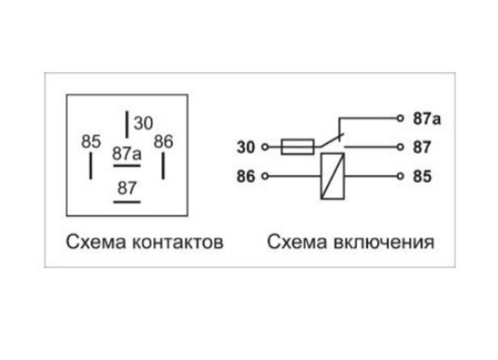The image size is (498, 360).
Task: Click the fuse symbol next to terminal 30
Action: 298,147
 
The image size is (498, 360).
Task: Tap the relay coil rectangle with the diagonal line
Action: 333,177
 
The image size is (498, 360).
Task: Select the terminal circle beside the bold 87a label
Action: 400,118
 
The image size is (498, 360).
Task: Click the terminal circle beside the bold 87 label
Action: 400,147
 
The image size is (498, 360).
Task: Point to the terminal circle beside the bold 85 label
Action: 400,177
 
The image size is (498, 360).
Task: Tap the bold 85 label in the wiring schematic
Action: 422,177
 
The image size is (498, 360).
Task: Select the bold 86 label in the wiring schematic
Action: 246,177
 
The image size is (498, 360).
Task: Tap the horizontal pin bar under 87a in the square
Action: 127,166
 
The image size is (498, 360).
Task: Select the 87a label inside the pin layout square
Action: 127,154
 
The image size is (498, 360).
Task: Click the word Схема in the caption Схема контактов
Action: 91,243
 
